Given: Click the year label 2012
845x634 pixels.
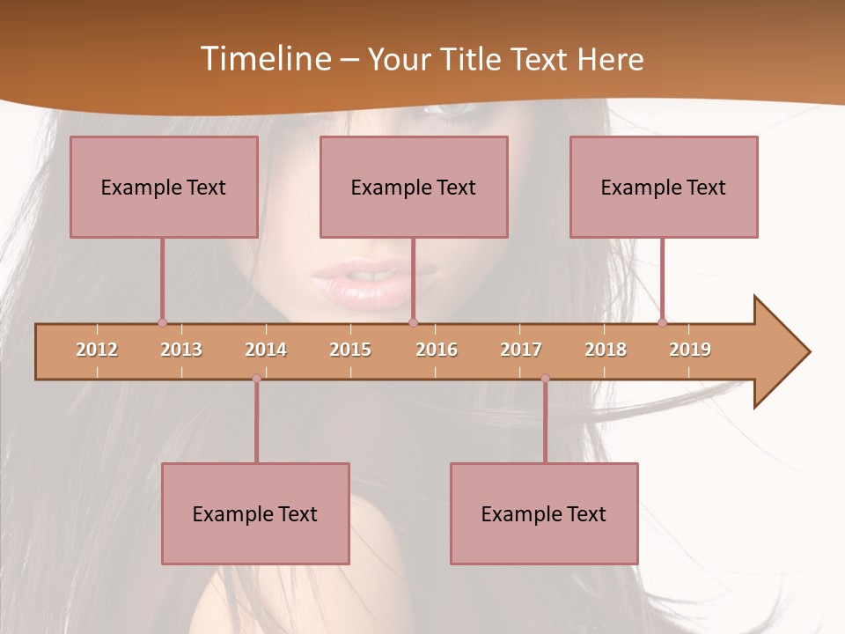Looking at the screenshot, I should click(x=97, y=350).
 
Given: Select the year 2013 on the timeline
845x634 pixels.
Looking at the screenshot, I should click(x=181, y=350).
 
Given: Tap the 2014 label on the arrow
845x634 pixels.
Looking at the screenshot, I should click(x=266, y=350).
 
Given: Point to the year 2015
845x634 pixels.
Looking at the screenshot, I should click(x=350, y=350).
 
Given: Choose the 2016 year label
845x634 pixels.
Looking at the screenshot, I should click(x=437, y=350).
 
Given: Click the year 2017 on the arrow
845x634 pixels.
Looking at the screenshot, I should click(x=521, y=350).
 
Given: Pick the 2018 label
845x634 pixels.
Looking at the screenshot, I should click(x=606, y=350).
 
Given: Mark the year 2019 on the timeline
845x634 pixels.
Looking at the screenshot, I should click(x=690, y=350).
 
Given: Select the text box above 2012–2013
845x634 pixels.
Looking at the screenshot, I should click(x=164, y=187).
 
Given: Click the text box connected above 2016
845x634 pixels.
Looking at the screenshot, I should click(x=414, y=187).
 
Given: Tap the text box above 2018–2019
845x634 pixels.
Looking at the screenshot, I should click(x=664, y=187).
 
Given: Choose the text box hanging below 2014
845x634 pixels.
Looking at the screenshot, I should click(x=255, y=513).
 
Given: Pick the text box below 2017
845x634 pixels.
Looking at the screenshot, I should click(x=544, y=513).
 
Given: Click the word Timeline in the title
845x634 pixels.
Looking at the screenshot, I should click(x=265, y=59).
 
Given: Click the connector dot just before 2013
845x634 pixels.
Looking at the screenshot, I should click(x=162, y=322).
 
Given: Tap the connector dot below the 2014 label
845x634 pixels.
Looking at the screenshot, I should click(x=256, y=379).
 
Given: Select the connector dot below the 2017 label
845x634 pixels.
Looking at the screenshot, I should click(x=545, y=379).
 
